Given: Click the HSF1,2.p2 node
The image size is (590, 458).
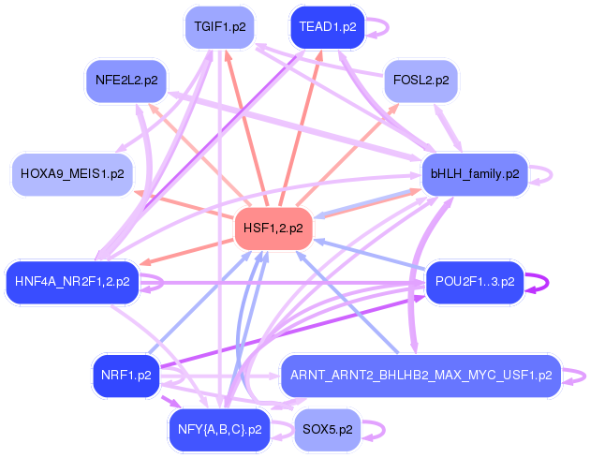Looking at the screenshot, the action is click(x=273, y=228).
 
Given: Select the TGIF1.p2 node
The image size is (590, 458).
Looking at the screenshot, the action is click(x=220, y=27).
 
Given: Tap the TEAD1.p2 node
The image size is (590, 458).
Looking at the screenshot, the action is click(x=328, y=27).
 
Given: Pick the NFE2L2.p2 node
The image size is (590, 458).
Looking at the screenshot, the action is click(x=126, y=81).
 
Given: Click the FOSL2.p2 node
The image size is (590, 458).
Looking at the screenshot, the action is click(x=421, y=81).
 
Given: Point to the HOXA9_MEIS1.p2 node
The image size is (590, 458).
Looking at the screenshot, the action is click(x=72, y=174).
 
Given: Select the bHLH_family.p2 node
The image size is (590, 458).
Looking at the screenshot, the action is click(x=475, y=174).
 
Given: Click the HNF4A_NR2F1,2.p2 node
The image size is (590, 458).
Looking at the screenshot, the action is click(x=72, y=282).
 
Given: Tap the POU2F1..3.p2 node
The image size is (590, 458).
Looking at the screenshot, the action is click(x=475, y=282).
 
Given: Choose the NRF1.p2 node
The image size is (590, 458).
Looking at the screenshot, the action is click(x=126, y=376).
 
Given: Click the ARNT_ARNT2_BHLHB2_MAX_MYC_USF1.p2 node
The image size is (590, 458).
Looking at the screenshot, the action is click(x=421, y=376).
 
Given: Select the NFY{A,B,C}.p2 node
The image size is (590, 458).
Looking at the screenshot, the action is click(x=220, y=429).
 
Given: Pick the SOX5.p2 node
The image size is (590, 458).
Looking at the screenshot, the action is click(x=328, y=429).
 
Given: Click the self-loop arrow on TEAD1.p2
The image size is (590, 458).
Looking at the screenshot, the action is click(x=388, y=27).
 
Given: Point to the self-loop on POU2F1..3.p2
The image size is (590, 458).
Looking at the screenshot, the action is click(x=547, y=282).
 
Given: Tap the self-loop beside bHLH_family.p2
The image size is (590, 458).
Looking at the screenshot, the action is click(x=552, y=174).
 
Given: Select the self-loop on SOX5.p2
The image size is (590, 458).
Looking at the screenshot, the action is click(x=384, y=430).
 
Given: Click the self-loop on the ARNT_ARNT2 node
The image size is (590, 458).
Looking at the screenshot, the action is click(x=584, y=376).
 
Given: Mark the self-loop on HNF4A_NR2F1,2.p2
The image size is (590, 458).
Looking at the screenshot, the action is click(x=162, y=282).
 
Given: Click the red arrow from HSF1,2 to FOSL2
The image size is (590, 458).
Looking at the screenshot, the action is click(x=347, y=155).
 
